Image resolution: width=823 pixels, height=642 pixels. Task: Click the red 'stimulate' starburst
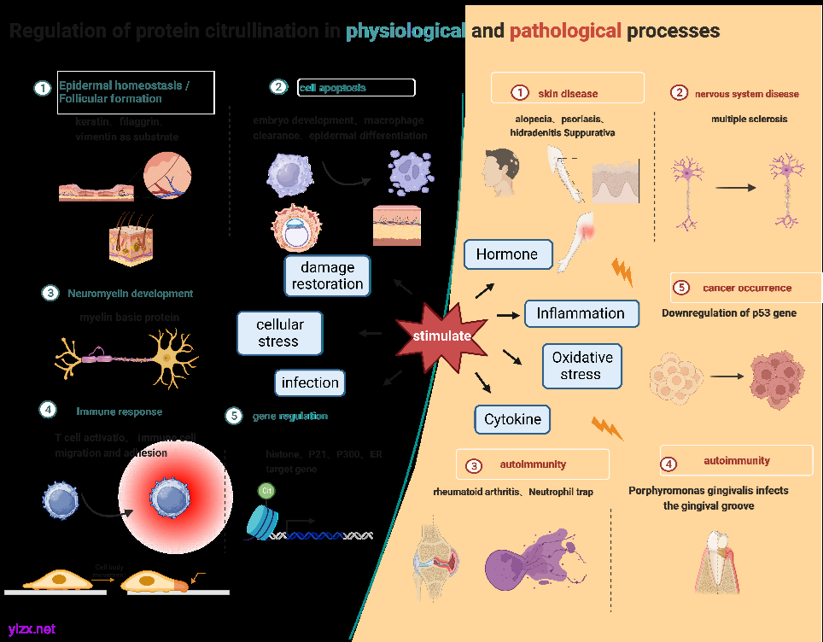click(x=441, y=335)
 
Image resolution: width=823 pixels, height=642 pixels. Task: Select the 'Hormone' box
click(x=507, y=254)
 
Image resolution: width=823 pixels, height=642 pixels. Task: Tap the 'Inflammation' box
click(x=581, y=313)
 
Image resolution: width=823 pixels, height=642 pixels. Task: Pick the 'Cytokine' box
click(x=512, y=419)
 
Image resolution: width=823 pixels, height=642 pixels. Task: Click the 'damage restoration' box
click(x=327, y=276)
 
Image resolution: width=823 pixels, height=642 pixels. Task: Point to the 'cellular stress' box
click(x=280, y=333)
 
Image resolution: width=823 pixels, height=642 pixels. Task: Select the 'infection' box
click(x=310, y=382)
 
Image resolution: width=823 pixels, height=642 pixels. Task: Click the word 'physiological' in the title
click(x=406, y=32)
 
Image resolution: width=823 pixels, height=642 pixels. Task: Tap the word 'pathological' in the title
click(x=565, y=32)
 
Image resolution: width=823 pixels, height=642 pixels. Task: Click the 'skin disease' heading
click(x=568, y=93)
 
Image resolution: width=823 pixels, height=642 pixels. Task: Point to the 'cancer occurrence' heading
click(x=747, y=288)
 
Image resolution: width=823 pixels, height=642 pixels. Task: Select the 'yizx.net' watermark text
click(x=32, y=629)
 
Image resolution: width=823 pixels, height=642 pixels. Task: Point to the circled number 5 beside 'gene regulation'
click(x=234, y=416)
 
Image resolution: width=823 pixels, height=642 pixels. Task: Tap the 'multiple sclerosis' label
click(x=749, y=119)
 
